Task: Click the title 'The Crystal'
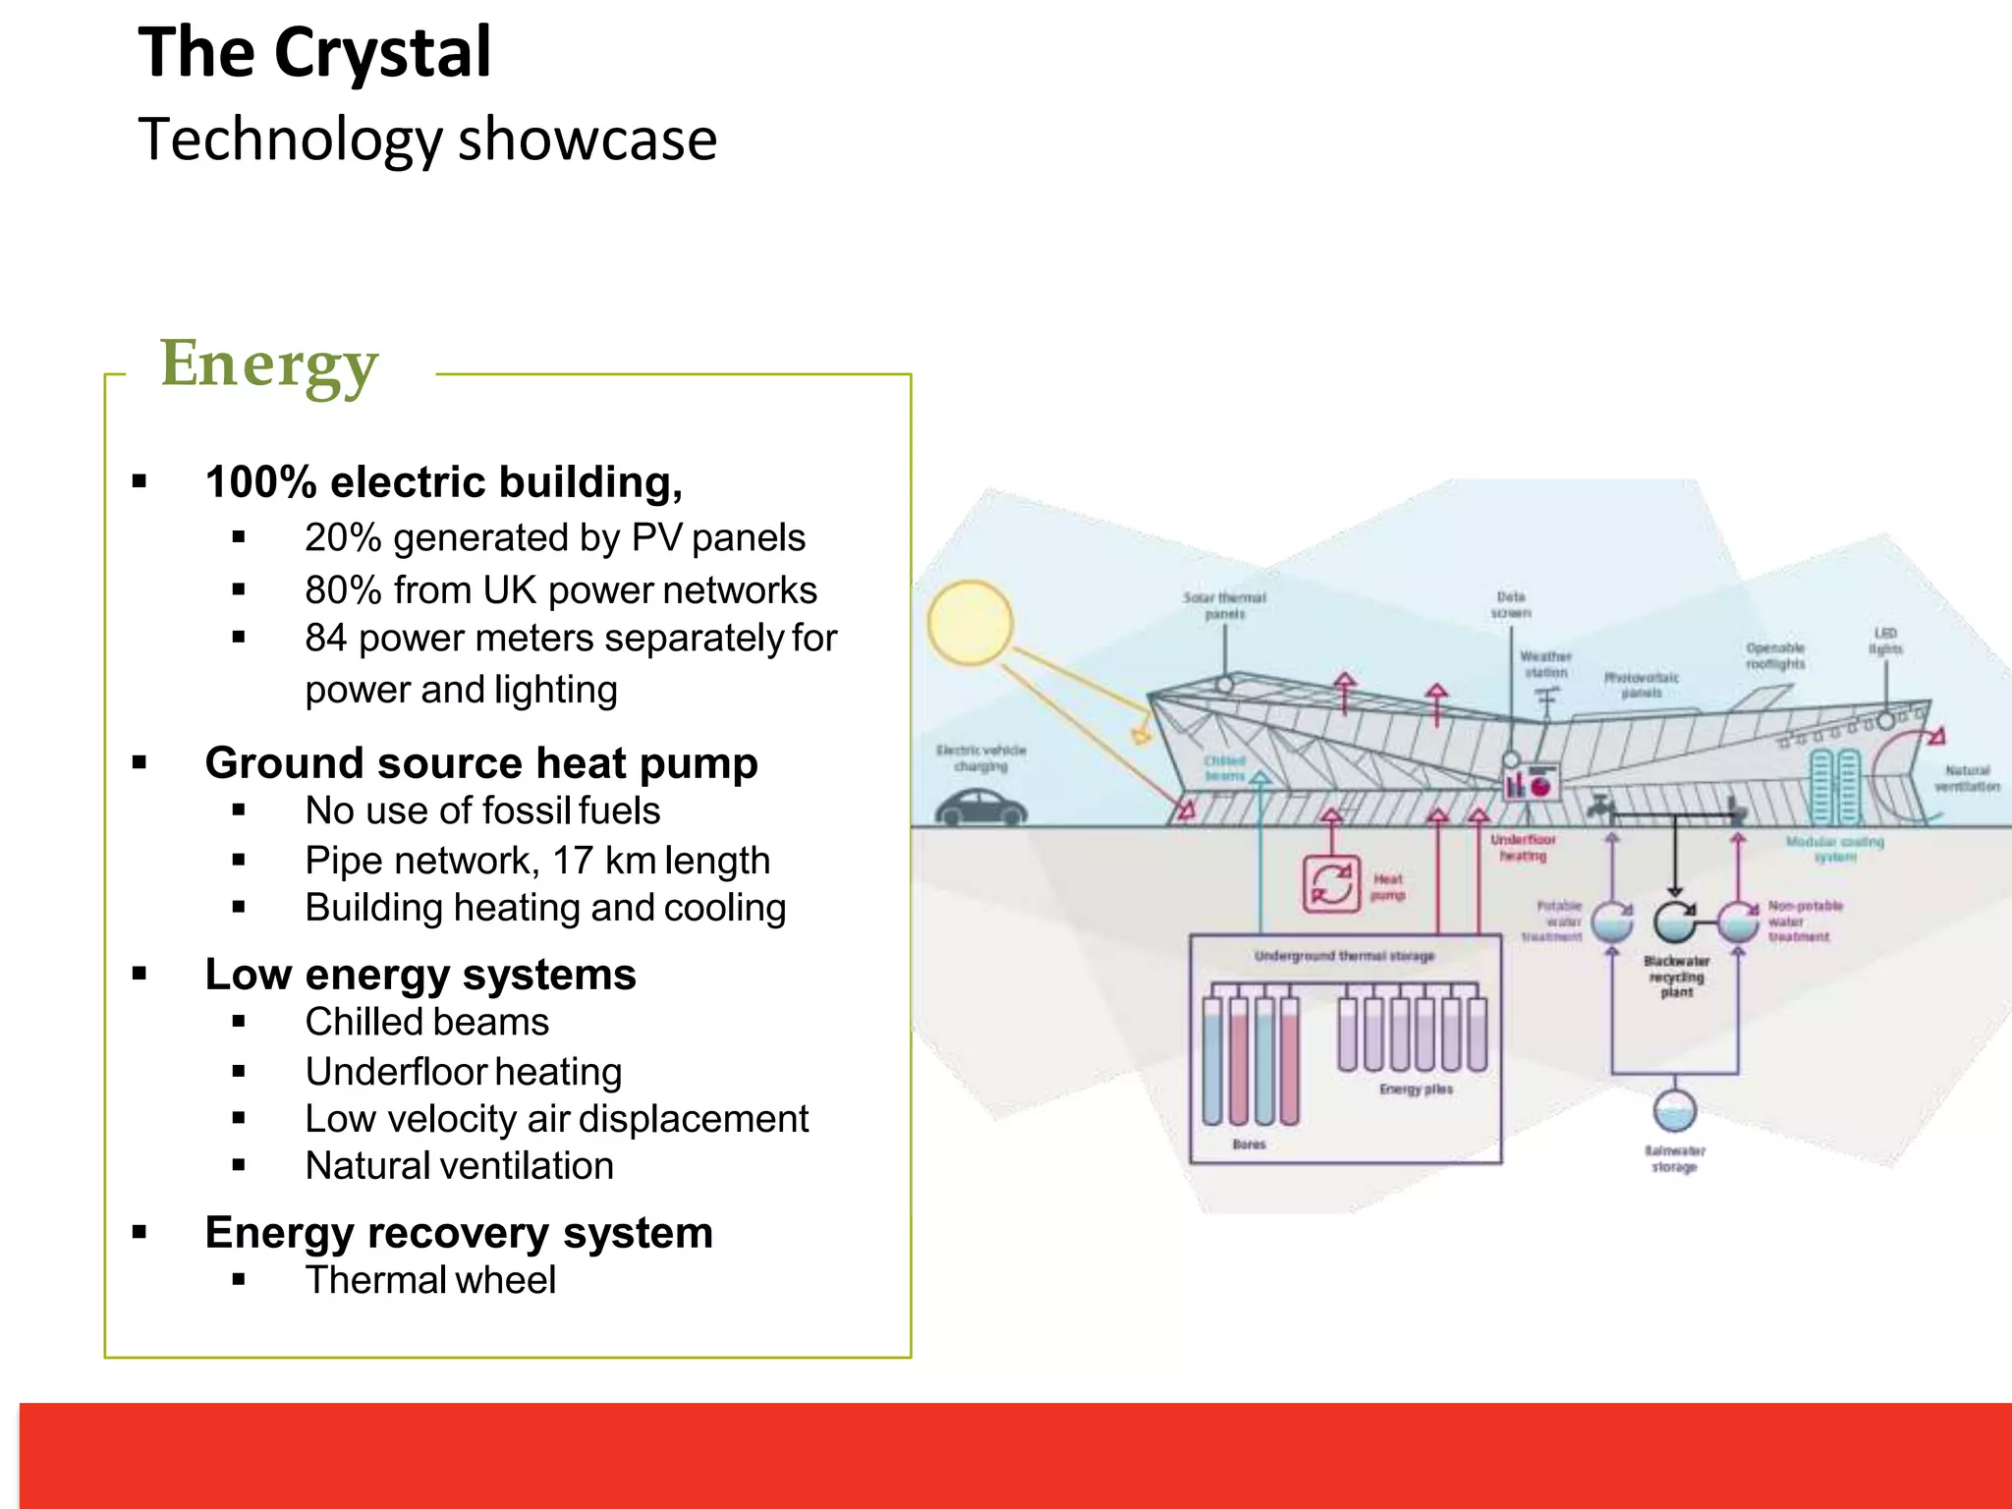pos(314,53)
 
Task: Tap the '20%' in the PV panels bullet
pos(342,538)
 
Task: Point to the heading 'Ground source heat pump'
pos(481,763)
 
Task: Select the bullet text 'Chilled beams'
pos(426,1023)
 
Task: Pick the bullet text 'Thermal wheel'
pos(430,1281)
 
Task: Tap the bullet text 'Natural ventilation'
pos(459,1166)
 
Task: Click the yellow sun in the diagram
pos(970,622)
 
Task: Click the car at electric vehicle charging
pos(979,809)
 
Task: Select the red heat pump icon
pos(1331,884)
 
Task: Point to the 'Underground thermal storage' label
pos(1344,956)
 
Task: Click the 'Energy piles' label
pos(1416,1089)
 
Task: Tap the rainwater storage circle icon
pos(1674,1110)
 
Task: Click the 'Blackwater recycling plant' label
pos(1676,977)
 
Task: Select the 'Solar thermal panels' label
pos(1224,605)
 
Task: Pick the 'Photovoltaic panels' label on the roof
pos(1641,685)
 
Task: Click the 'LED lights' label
pos(1884,641)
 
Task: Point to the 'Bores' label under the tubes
pos(1249,1145)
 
